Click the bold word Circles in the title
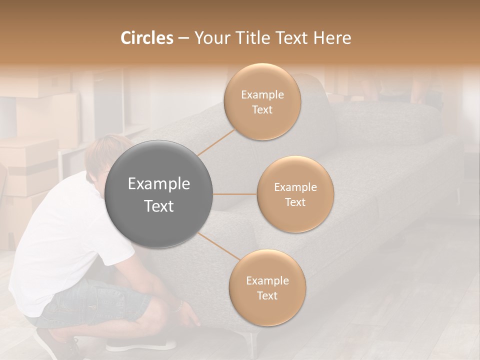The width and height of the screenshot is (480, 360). [147, 38]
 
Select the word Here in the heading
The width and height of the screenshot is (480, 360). [332, 38]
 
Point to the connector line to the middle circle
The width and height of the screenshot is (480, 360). [235, 194]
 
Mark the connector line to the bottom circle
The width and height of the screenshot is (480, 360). [218, 246]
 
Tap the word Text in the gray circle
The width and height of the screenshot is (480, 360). [159, 206]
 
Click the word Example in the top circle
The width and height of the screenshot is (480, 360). [262, 95]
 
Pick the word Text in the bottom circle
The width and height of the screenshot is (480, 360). [267, 295]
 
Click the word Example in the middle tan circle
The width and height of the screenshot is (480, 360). [295, 187]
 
